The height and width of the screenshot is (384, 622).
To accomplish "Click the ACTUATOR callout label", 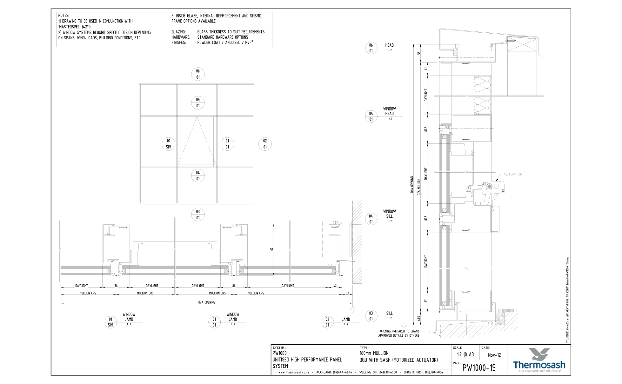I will (x=512, y=174).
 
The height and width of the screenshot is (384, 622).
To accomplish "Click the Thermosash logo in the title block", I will (x=539, y=361).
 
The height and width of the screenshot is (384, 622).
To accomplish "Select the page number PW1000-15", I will (x=479, y=368).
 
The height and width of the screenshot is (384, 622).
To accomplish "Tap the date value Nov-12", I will (x=494, y=355).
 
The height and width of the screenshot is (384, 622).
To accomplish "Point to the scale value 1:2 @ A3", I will (x=465, y=355).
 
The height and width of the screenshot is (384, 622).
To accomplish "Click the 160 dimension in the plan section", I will (x=272, y=249).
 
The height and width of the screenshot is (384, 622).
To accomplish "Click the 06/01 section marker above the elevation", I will (x=198, y=74).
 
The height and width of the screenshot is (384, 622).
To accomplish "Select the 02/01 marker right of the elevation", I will (x=265, y=144).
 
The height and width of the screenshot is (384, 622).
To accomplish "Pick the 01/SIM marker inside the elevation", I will (x=169, y=144).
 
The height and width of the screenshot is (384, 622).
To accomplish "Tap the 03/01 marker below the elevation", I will (x=198, y=215).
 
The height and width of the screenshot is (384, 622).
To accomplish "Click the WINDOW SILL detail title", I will (x=389, y=214).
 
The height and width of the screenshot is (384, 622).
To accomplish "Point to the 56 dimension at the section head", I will (x=419, y=53).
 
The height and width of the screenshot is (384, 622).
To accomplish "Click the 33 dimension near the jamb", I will (x=347, y=293).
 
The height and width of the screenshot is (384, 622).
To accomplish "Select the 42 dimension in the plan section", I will (x=335, y=286).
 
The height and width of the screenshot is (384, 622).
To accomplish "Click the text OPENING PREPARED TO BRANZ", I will (x=399, y=331).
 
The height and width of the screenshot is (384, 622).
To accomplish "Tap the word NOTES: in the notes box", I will (x=64, y=16).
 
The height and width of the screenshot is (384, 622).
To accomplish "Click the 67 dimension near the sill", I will (x=426, y=301).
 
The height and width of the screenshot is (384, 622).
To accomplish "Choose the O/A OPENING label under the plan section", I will (x=207, y=302).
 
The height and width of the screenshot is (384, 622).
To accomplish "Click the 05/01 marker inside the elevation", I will (x=198, y=103).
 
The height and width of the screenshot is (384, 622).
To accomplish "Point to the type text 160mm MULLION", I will (x=374, y=353).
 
